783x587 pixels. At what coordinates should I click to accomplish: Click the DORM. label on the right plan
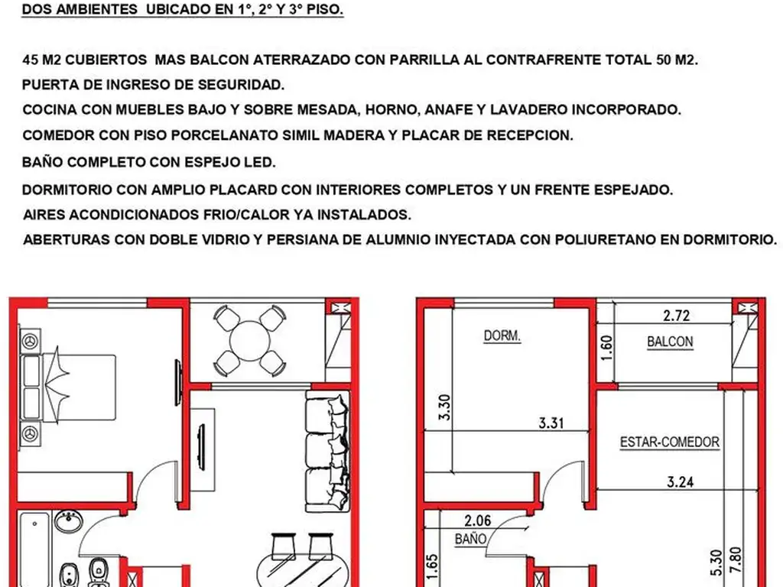tap(502, 336)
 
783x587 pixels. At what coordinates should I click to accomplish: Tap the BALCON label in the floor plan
tap(670, 342)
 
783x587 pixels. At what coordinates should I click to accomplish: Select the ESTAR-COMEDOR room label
tap(669, 442)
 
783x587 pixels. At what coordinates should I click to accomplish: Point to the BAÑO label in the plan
tap(471, 538)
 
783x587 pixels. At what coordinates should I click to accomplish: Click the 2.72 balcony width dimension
tap(677, 314)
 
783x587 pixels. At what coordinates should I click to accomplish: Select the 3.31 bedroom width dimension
tap(551, 422)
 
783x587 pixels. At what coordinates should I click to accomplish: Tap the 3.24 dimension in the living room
tap(681, 482)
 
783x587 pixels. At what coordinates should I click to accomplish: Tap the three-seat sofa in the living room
tap(328, 451)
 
